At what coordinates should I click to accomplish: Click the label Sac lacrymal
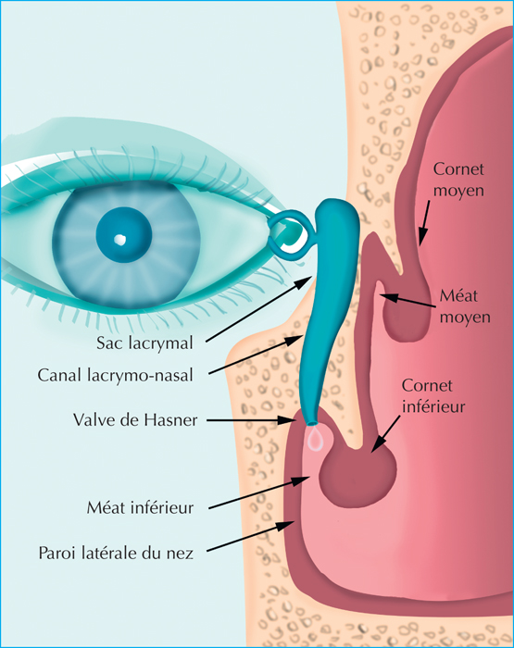[144, 343]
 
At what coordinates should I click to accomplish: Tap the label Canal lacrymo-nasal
[116, 375]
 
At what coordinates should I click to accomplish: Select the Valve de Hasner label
[135, 420]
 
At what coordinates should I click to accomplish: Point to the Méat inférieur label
[140, 507]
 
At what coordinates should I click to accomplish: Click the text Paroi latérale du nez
[116, 553]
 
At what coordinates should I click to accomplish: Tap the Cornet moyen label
[458, 180]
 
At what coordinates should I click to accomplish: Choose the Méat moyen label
[465, 306]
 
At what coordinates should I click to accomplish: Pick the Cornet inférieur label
[433, 396]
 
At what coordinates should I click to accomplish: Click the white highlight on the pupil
[119, 240]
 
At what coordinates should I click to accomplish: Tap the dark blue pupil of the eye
[124, 233]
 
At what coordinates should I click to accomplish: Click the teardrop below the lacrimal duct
[316, 439]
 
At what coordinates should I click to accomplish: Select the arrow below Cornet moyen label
[424, 223]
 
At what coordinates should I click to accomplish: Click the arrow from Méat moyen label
[407, 301]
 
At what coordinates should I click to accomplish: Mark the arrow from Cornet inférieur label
[386, 434]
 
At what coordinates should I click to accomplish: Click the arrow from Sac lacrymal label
[259, 309]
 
